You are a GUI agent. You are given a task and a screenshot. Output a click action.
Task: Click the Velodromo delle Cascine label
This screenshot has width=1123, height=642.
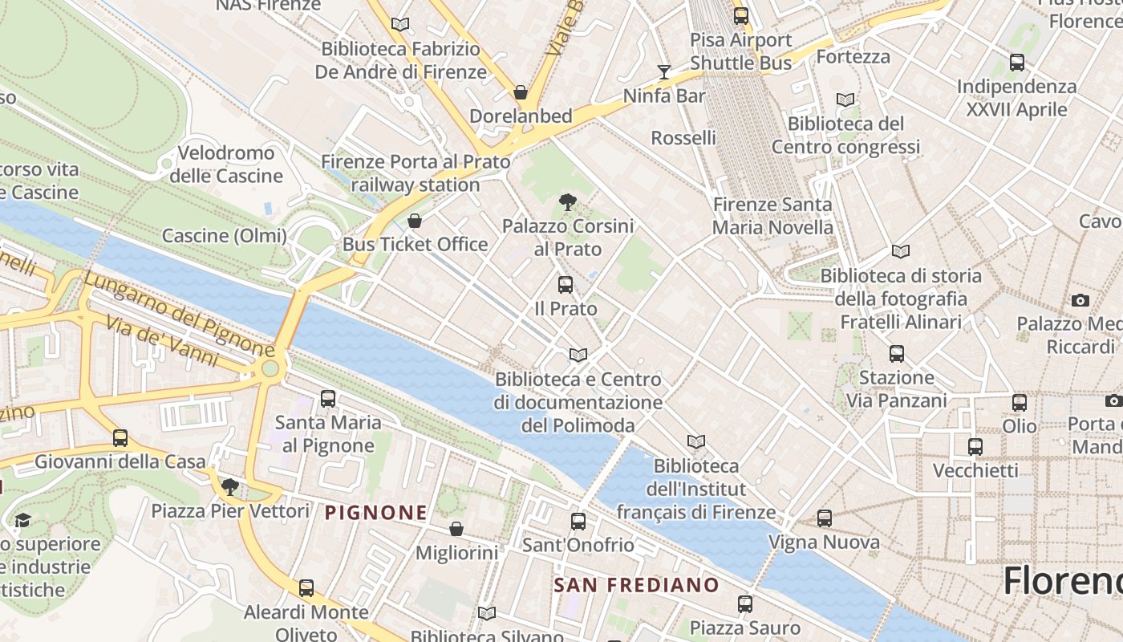[225, 165]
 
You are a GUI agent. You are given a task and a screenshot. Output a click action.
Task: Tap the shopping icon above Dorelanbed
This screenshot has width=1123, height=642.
[521, 92]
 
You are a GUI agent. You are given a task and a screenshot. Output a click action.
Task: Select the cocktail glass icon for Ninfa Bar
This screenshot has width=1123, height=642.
[663, 72]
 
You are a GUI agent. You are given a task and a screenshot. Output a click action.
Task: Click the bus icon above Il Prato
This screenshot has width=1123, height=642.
[566, 284]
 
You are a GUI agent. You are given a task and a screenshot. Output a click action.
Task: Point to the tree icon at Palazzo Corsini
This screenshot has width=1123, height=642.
[568, 201]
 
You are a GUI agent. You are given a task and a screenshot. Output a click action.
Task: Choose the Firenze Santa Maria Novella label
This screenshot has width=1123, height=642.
[772, 216]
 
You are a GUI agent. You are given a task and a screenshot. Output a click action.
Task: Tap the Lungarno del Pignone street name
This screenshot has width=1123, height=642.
[178, 313]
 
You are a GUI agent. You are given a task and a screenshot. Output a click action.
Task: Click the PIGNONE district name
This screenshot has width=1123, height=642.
[376, 512]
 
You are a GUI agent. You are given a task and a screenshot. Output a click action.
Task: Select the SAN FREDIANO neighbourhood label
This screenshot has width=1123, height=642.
[636, 584]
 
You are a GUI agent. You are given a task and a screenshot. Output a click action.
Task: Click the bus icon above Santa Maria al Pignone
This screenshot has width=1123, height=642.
[327, 398]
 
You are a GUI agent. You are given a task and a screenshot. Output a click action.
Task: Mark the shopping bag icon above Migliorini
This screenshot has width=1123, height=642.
[456, 528]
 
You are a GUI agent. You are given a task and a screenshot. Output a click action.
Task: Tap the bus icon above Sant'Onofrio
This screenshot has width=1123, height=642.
[578, 522]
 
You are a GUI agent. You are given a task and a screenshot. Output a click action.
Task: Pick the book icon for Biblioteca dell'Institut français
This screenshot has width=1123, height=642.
[696, 441]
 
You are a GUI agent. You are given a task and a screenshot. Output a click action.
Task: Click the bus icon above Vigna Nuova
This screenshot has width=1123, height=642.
[825, 518]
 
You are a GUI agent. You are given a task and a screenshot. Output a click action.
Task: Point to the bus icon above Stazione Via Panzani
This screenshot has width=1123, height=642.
[897, 353]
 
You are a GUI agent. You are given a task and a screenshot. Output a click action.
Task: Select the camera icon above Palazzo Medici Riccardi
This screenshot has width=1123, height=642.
[1080, 300]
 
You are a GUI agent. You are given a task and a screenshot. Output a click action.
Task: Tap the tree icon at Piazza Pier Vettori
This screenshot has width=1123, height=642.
[230, 486]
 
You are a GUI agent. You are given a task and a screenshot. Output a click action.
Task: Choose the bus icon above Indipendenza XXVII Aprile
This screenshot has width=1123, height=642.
[1017, 62]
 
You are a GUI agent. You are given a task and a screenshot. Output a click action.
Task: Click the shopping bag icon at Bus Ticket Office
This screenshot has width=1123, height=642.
[415, 220]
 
